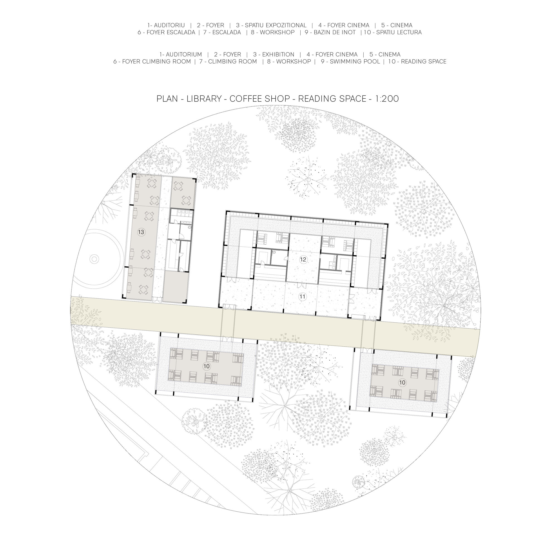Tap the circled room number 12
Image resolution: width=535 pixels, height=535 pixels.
[x=303, y=260]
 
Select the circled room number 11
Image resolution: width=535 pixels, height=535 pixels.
[x=302, y=297]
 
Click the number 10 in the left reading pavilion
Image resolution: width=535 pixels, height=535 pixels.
[x=206, y=366]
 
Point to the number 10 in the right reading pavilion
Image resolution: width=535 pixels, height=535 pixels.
[x=402, y=383]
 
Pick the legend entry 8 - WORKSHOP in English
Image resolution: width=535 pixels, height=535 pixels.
[x=289, y=62]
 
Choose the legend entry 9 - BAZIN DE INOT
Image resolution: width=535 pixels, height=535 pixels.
[x=330, y=32]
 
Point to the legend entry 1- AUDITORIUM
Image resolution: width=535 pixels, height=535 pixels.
[x=181, y=54]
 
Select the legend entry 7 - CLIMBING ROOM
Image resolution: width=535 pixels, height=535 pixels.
[x=228, y=62]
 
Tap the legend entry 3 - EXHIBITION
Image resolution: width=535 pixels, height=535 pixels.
[x=274, y=54]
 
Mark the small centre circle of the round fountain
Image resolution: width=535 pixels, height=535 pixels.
[x=94, y=259]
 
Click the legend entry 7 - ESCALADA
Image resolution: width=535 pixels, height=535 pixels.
[x=222, y=32]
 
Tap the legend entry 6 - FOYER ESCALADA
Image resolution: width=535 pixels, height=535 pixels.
[x=166, y=32]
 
